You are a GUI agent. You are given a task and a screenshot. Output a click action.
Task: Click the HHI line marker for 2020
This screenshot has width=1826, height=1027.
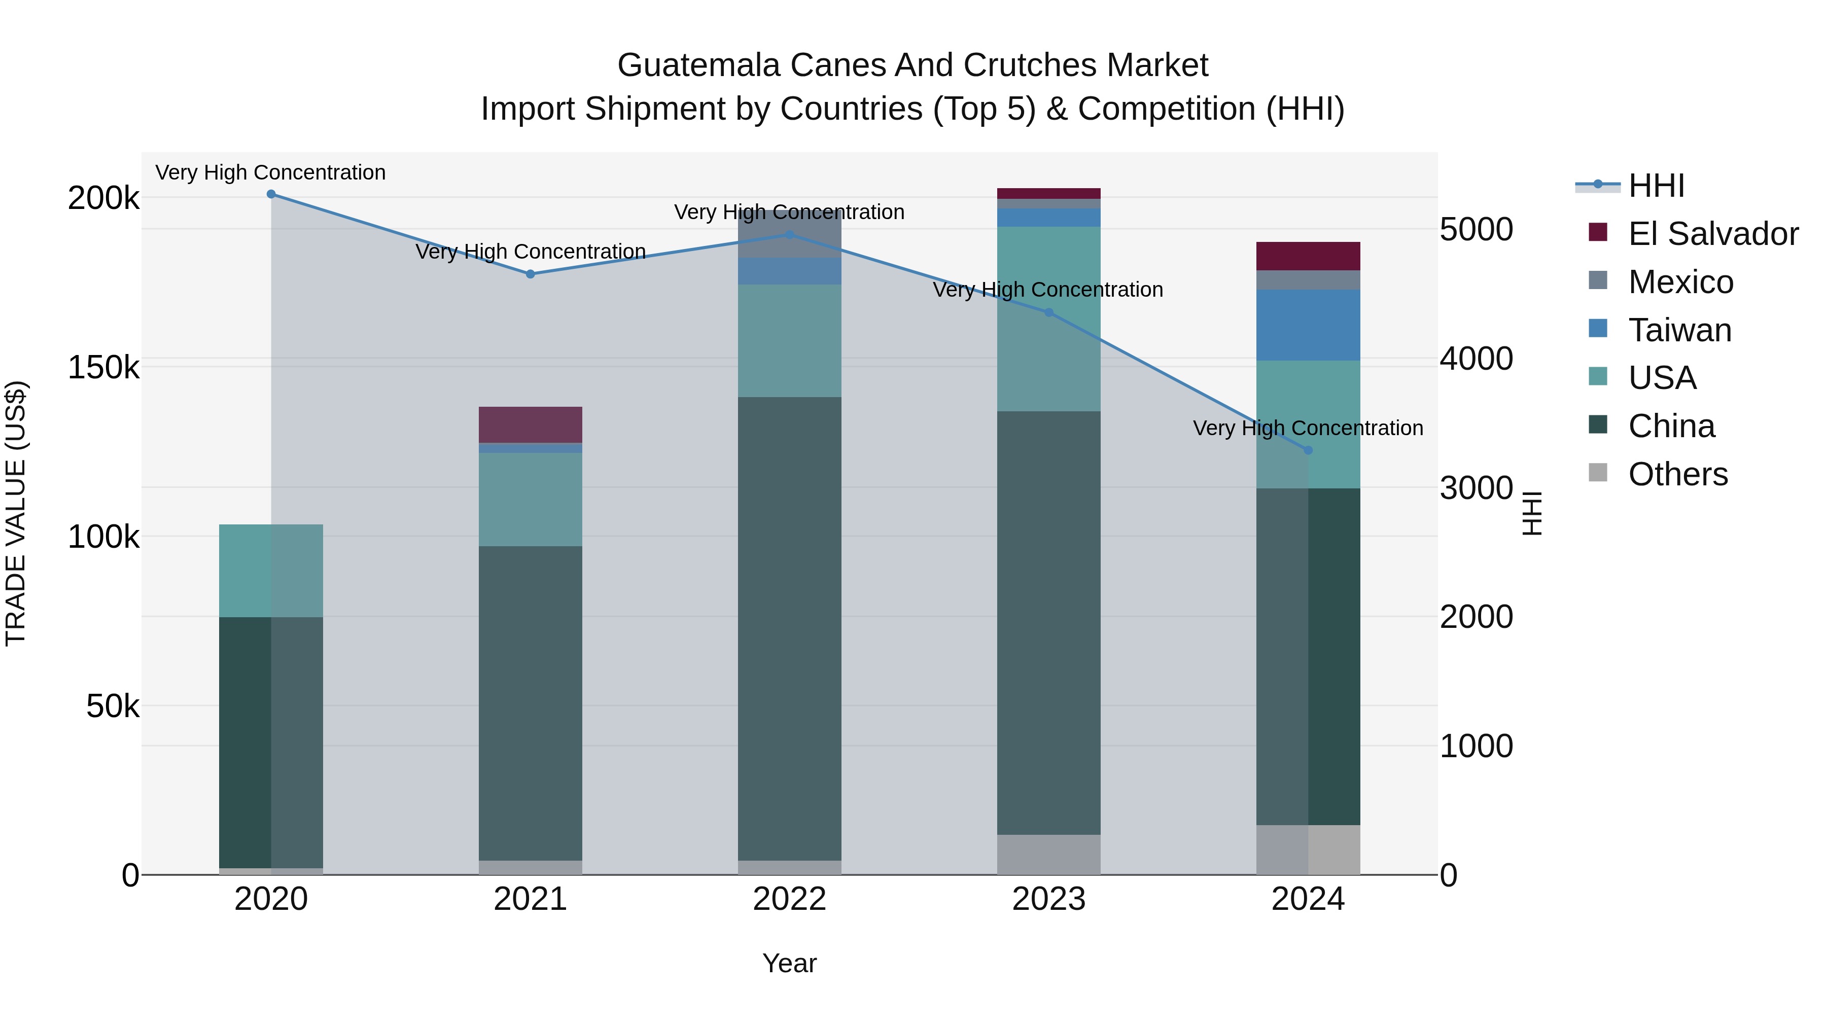[271, 194]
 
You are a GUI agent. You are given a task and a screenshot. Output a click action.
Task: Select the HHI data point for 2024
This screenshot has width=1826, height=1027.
[1308, 450]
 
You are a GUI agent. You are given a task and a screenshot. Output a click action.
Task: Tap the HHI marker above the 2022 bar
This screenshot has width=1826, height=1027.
[790, 235]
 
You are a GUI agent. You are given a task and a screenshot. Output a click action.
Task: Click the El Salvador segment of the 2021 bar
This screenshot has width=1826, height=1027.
[530, 424]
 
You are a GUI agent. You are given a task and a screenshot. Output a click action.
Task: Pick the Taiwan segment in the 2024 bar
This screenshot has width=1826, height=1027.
[1308, 325]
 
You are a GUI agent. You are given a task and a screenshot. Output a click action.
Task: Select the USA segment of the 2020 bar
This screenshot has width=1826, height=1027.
[271, 571]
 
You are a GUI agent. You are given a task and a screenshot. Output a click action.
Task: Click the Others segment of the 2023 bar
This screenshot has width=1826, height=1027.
[1048, 854]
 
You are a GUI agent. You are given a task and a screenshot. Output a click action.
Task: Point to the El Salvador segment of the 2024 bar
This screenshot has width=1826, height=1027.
[1308, 256]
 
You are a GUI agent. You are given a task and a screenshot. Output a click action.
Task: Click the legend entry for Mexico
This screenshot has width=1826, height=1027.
[1680, 282]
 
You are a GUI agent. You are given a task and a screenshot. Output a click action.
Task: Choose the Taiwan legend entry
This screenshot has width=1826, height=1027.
[1679, 330]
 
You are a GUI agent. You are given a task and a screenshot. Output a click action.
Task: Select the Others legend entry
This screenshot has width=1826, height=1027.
[1677, 474]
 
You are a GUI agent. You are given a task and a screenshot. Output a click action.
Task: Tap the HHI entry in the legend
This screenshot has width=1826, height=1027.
[1656, 186]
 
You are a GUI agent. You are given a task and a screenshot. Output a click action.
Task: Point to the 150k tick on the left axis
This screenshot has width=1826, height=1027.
[103, 368]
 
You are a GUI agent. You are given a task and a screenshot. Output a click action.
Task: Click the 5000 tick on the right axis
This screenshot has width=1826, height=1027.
[1476, 230]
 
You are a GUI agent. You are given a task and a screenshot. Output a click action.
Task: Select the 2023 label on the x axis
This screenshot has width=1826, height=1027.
[1048, 899]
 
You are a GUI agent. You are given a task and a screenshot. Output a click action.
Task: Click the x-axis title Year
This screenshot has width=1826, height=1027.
[790, 963]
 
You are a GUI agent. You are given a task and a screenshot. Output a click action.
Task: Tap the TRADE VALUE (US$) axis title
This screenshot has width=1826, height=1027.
[16, 513]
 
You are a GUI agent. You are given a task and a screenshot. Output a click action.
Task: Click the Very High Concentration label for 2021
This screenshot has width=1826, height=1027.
[530, 252]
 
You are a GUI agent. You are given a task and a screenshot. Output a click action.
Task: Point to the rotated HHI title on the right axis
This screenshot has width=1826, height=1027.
[1532, 513]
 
